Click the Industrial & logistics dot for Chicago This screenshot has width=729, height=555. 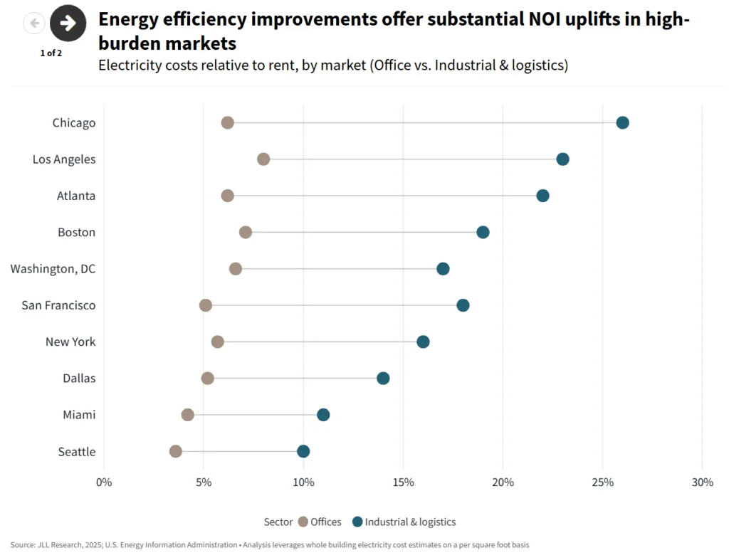[622, 122]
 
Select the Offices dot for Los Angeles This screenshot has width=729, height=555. [263, 159]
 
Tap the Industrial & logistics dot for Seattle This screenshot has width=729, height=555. [303, 451]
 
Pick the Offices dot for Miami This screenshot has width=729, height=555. [187, 415]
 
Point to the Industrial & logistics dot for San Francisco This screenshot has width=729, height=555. [463, 305]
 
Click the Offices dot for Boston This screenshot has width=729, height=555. [246, 232]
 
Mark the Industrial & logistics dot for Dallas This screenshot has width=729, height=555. [383, 378]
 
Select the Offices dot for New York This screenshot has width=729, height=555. [218, 342]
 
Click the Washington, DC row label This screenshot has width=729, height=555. [53, 269]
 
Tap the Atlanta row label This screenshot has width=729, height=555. [76, 196]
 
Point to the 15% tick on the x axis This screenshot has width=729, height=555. [403, 482]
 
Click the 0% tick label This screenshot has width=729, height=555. [104, 482]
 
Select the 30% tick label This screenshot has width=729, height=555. [702, 482]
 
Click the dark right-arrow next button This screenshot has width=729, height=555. [68, 23]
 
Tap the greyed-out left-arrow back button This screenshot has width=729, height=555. [34, 23]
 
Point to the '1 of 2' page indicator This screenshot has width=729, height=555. [51, 53]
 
